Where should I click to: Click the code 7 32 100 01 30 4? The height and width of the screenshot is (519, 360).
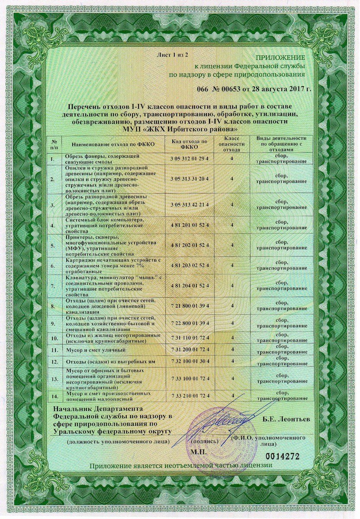coord(190,361)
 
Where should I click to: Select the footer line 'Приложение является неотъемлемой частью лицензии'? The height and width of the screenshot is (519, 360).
coord(181,465)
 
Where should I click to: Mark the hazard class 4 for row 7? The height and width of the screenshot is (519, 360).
coord(232,285)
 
